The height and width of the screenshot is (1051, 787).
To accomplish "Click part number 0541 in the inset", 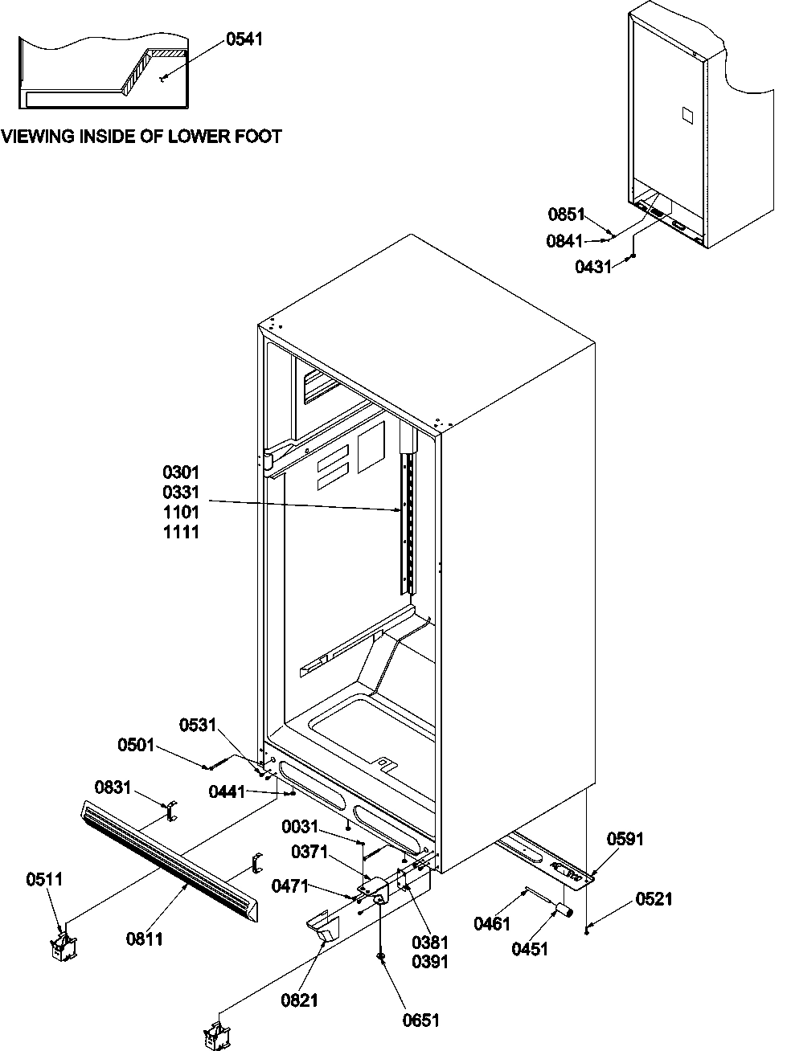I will pos(244,39).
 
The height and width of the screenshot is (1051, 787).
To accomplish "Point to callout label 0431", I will pos(593,267).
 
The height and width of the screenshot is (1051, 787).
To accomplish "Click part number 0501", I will pos(136,746).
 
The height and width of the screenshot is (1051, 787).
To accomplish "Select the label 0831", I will pos(113,787).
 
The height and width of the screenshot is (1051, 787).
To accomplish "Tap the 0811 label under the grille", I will pos(145,937).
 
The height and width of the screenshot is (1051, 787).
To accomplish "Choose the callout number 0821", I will pos(300,1000).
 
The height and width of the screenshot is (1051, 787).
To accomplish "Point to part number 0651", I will pos(422,1020).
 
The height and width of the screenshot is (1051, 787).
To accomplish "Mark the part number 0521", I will pos(654,899).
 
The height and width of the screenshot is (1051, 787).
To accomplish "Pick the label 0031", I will pos(300,827).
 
